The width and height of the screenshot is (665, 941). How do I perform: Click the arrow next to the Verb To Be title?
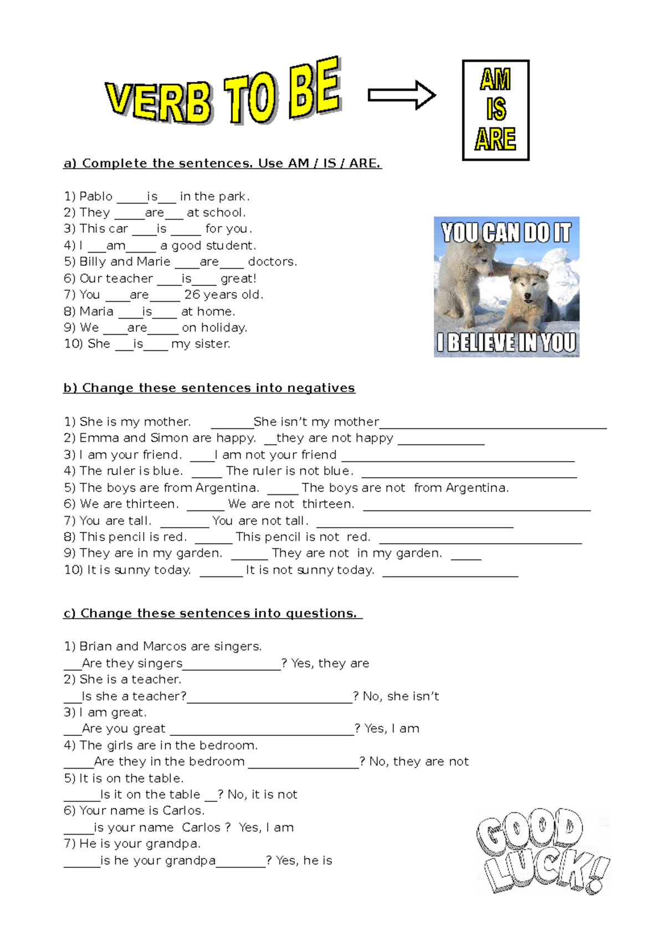(x=402, y=95)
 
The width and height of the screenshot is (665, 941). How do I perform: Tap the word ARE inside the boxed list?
(x=495, y=139)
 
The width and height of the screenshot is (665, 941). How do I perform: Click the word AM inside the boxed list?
(x=495, y=80)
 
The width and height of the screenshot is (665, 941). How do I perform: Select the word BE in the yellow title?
(x=314, y=89)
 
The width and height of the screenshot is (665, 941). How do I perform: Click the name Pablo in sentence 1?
(x=96, y=197)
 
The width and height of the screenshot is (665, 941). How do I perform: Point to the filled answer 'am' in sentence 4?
(x=115, y=246)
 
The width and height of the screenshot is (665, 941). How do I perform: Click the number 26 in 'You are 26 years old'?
(x=192, y=295)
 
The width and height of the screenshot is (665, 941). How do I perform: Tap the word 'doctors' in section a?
(x=272, y=262)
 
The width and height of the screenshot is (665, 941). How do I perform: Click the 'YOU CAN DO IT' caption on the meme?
(x=506, y=233)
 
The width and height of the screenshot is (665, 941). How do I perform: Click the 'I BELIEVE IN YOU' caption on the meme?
(x=506, y=342)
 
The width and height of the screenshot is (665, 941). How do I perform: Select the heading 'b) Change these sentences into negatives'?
(x=209, y=388)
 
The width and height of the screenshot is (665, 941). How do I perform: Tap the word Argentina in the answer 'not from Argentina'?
(x=477, y=488)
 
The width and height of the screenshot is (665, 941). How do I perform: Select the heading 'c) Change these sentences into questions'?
(x=212, y=613)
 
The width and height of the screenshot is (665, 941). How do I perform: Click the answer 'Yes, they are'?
(x=330, y=663)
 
